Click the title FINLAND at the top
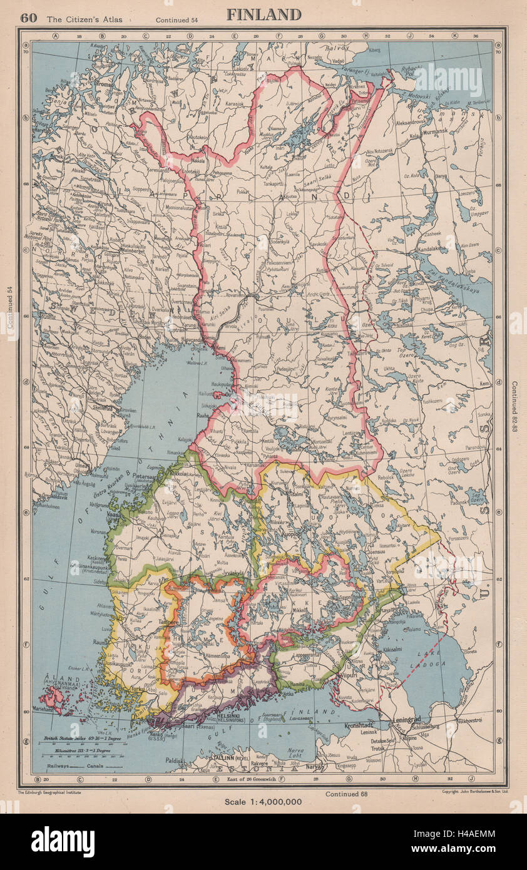[x=263, y=15]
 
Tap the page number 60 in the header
[x=28, y=18]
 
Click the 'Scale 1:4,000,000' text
[x=263, y=801]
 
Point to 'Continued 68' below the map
[x=345, y=794]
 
